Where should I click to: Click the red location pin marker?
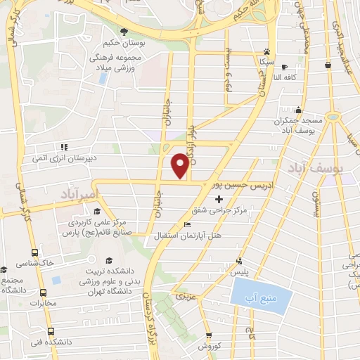(x=179, y=166)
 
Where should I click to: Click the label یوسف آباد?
(x=313, y=167)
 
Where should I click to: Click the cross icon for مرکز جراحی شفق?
(x=219, y=200)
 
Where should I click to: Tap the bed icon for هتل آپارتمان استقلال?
(x=186, y=225)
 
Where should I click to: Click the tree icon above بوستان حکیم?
(x=124, y=31)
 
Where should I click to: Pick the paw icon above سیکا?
(x=266, y=51)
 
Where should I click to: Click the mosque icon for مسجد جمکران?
(x=299, y=110)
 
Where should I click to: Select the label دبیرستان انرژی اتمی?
(x=58, y=158)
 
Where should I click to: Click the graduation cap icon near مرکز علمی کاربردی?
(x=96, y=211)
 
